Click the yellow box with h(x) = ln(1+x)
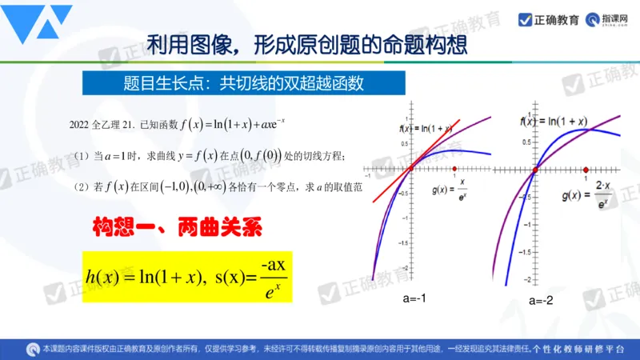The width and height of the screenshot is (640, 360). [x=188, y=276]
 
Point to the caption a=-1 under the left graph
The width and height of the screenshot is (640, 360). [x=414, y=298]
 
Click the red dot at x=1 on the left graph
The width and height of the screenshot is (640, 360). [x=454, y=170]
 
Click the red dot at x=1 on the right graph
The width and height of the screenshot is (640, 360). [x=586, y=170]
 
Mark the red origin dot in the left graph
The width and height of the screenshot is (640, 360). [x=410, y=169]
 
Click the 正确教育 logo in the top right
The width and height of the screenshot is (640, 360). [x=549, y=19]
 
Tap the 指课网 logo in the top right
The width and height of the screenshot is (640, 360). [x=605, y=19]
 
